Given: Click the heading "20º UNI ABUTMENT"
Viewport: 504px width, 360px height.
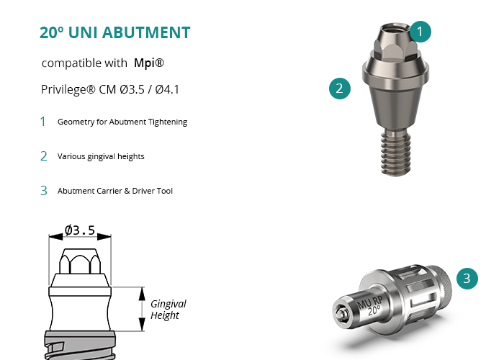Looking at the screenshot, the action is pos(114,32).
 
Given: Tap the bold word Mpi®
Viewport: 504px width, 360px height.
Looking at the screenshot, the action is pos(149,63).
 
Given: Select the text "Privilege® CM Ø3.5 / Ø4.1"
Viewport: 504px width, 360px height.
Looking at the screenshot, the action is pos(110,89).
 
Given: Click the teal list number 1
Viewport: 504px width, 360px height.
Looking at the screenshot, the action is pos(42,122).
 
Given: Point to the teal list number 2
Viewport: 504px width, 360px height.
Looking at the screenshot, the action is pos(44,156).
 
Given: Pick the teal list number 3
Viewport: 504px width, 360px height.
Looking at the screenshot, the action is pos(44,191).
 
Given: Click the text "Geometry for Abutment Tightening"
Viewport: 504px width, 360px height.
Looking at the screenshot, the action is pos(122,122).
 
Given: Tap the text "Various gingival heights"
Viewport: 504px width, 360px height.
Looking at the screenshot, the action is pos(101,156).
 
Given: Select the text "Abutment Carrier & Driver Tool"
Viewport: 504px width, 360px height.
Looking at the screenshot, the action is pos(115,191).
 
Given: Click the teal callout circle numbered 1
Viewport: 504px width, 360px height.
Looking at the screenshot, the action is pos(420,32).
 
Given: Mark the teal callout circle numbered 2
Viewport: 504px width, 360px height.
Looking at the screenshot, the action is pos(340,89).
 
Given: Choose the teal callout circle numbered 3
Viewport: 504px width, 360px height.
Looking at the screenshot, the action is pos(467,279).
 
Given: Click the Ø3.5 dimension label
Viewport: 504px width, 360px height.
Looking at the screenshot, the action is pos(80,230).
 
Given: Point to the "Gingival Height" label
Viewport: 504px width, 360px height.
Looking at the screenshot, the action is pos(168,309).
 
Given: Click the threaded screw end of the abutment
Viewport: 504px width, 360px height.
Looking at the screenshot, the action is pos(395,153).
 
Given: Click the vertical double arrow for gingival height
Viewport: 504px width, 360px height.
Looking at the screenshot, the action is pos(142,309).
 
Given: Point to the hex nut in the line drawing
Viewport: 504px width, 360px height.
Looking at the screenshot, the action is pos(80,261).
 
